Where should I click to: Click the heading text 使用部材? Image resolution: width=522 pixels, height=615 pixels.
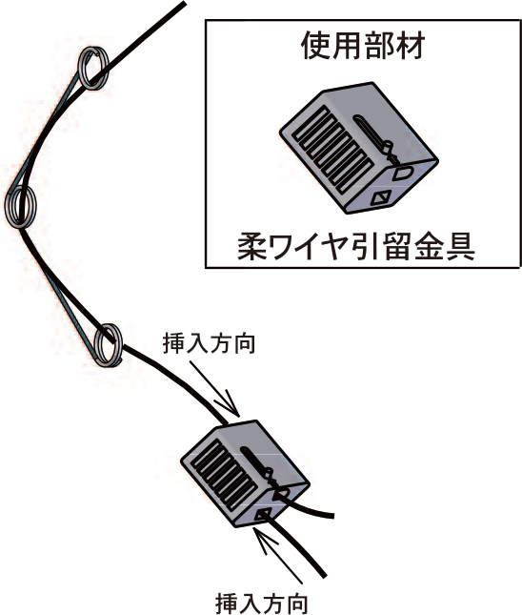click(x=363, y=46)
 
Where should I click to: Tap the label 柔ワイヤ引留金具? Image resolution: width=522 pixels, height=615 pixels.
click(x=356, y=247)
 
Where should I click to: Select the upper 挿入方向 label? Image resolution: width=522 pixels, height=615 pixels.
click(x=209, y=343)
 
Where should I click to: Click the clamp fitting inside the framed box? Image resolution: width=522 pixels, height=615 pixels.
click(x=358, y=148)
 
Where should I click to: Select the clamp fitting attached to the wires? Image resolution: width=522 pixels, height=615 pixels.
click(x=245, y=474)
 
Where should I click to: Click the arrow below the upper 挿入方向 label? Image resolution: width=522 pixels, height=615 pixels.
click(x=214, y=388)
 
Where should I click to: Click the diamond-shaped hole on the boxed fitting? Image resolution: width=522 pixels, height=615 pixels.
click(x=380, y=198)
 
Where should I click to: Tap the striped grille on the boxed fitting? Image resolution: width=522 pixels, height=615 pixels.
click(x=334, y=151)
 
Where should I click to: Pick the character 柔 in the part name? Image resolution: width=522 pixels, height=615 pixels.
click(x=251, y=247)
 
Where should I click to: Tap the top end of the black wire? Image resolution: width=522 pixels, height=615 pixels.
click(x=183, y=3)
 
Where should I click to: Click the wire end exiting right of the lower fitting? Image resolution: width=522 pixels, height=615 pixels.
click(x=332, y=516)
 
